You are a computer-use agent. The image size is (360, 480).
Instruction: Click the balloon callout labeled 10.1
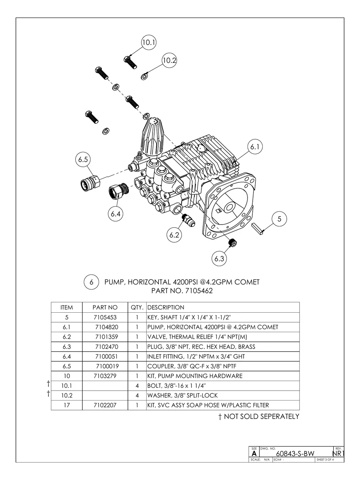(149, 43)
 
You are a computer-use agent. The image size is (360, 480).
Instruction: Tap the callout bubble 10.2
(169, 60)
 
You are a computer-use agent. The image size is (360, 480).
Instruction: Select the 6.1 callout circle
(255, 147)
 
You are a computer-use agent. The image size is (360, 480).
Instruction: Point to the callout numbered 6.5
(83, 159)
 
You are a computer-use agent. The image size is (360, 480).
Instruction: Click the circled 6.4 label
(116, 214)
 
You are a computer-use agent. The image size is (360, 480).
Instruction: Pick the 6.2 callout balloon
(174, 235)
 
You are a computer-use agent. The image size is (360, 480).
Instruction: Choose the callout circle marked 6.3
(219, 259)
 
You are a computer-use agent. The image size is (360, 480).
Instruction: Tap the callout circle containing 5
(279, 219)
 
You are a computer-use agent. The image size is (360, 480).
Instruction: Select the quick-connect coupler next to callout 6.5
(89, 182)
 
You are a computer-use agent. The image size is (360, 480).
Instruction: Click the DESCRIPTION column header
(166, 307)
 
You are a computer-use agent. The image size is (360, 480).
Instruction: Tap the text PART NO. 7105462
(182, 291)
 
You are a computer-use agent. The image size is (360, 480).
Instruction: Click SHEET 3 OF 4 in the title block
(325, 460)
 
